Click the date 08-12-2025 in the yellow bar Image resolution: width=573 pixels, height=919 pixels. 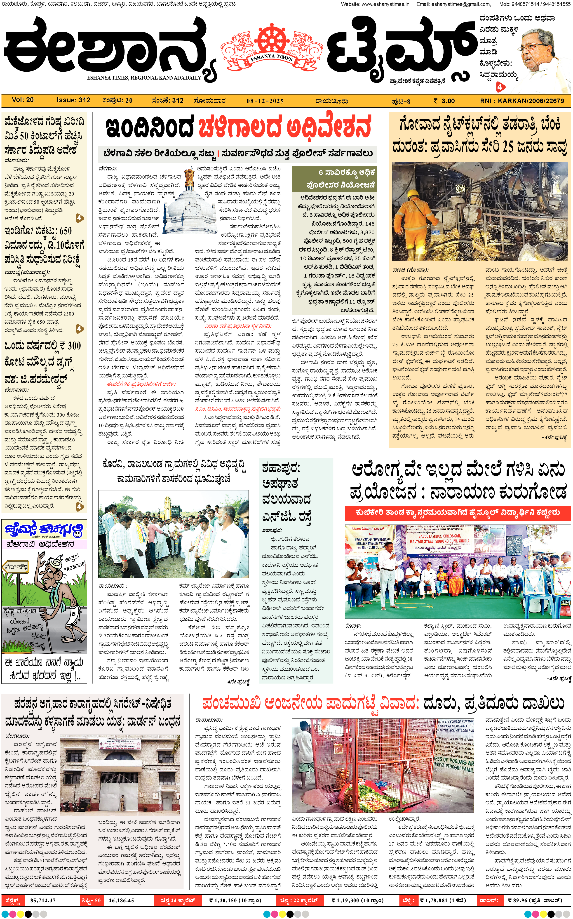[265, 101]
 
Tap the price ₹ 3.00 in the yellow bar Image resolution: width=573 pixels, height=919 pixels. [444, 101]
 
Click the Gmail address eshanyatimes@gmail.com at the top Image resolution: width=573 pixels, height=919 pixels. [454, 4]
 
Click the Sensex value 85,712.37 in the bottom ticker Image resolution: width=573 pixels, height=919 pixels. [43, 900]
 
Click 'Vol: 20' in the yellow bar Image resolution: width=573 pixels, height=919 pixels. [23, 100]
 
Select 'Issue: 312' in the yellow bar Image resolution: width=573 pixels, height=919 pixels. [73, 100]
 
